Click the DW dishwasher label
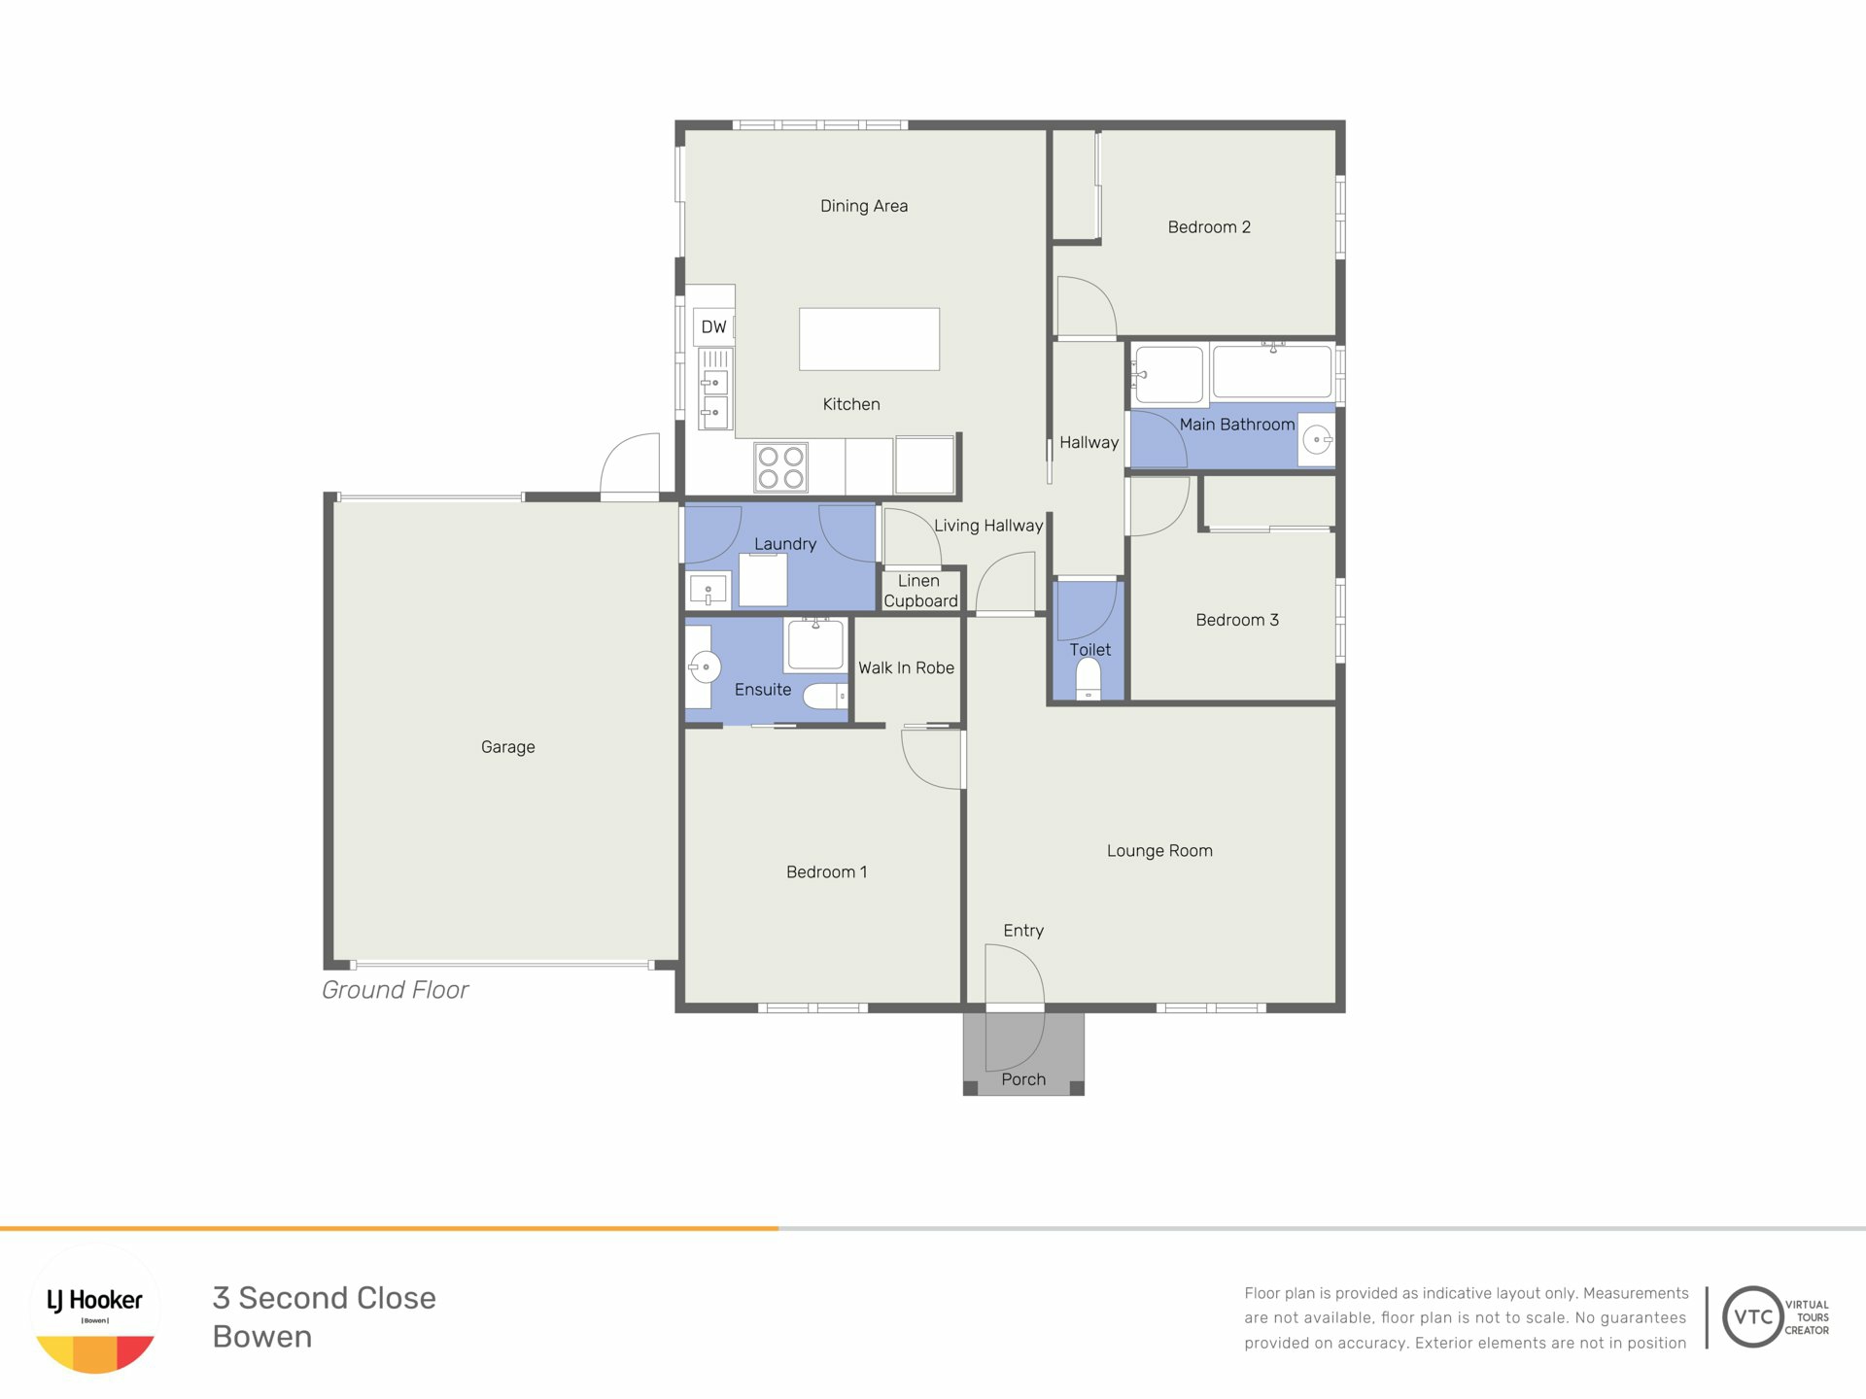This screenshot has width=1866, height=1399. (713, 327)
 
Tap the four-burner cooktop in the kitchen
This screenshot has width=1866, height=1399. (780, 467)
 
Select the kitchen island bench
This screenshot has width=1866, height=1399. (869, 339)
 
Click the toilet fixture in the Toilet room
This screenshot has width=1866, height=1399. (1088, 679)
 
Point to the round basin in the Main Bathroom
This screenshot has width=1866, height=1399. (1317, 440)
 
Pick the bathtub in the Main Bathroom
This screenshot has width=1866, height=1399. (1272, 372)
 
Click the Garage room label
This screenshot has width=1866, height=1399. (507, 747)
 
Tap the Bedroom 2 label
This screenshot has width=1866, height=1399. (1209, 227)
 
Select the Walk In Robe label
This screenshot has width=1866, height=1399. (906, 667)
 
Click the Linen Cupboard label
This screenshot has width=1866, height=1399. (919, 591)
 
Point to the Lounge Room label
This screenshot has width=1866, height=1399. (1159, 851)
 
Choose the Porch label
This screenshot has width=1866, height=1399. (1023, 1079)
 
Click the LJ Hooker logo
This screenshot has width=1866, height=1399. (95, 1310)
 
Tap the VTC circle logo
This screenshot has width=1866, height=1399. (1752, 1316)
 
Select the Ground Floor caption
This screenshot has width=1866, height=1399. (395, 990)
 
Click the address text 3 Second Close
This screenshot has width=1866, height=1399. (325, 1298)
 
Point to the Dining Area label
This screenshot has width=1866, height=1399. (864, 206)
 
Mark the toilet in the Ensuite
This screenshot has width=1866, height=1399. (826, 696)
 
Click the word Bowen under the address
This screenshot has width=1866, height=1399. (262, 1337)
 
